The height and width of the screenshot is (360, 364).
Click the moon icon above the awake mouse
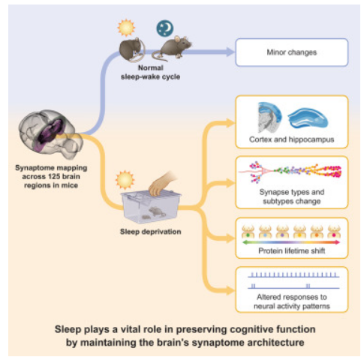pos(165,28)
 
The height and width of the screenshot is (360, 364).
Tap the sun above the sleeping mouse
pos(126,28)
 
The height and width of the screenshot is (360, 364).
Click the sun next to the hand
pos(125,180)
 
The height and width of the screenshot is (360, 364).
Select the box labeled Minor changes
pos(292,52)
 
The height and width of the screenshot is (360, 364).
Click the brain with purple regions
pos(51,133)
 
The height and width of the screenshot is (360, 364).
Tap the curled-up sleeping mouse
pos(131,49)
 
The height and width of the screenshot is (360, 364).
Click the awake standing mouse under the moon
pos(173,47)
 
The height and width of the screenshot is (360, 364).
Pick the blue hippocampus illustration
pos(308,118)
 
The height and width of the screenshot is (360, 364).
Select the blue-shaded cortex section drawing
pos(269,117)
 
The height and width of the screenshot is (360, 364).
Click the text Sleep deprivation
pos(150,232)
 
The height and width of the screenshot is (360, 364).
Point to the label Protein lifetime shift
pos(292,250)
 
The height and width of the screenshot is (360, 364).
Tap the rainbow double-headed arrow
pos(291,242)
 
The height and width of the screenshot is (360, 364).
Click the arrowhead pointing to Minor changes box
pos(230,52)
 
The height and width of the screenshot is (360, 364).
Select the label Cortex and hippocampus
pos(292,139)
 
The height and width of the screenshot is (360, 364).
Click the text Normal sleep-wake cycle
pos(150,72)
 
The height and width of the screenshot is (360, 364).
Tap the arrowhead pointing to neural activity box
pos(230,291)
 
